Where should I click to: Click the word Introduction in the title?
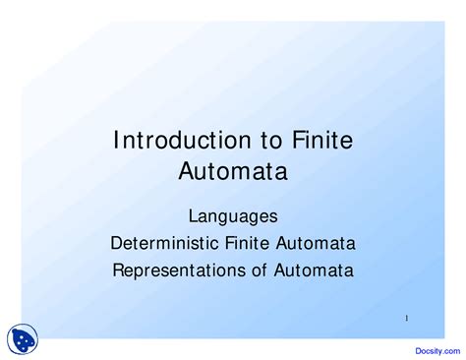[x=182, y=140]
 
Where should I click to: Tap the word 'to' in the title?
[x=271, y=141]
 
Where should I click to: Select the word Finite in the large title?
[x=322, y=140]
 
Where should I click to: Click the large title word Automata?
[x=233, y=171]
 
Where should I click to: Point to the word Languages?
[x=233, y=217]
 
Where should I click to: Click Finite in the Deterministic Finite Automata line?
[x=248, y=243]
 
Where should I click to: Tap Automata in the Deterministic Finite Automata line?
[x=316, y=243]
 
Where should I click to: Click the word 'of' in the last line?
[x=260, y=270]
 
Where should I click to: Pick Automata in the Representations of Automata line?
[x=314, y=270]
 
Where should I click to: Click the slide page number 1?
[x=407, y=318]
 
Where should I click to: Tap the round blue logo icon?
[x=23, y=339]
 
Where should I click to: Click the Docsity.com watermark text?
[x=437, y=351]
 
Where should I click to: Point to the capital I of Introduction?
[x=115, y=140]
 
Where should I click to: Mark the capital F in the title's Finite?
[x=298, y=140]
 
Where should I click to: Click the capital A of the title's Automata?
[x=187, y=171]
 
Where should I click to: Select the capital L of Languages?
[x=193, y=216]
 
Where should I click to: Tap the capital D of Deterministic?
[x=116, y=243]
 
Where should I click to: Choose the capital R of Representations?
[x=118, y=270]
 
